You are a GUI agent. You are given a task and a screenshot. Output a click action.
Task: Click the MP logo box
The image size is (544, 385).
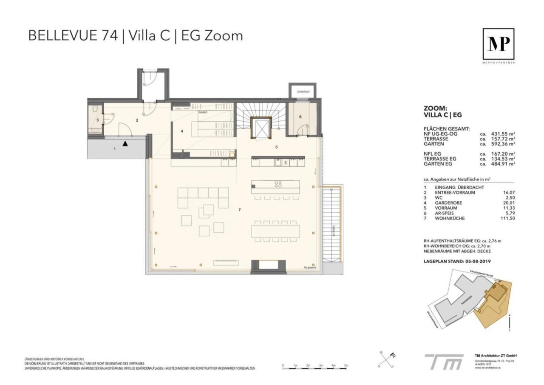(x=498, y=44)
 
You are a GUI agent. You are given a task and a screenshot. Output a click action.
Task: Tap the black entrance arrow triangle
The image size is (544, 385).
(x=125, y=144)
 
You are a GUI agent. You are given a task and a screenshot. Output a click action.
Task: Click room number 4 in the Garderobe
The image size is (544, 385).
(x=182, y=131)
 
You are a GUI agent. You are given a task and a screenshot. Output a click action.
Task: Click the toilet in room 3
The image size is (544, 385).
(x=96, y=109)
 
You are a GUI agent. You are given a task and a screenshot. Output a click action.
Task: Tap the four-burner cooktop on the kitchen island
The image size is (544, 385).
(x=278, y=184)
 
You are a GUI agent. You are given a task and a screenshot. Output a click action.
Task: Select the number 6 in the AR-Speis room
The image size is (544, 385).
(x=300, y=117)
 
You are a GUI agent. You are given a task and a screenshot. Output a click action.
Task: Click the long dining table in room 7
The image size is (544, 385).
(x=276, y=231)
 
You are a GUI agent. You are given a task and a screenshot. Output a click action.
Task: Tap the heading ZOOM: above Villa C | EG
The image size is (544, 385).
(x=435, y=108)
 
